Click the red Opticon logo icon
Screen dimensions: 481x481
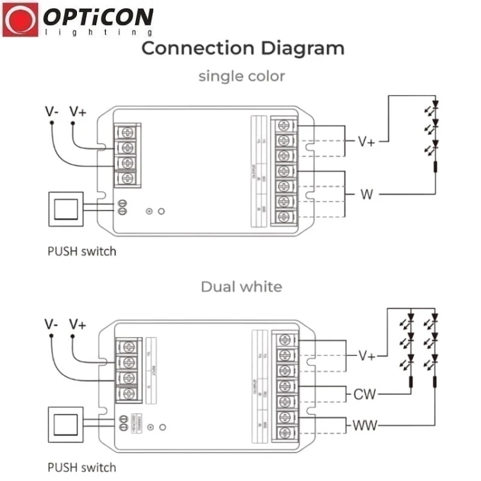pos(21,20)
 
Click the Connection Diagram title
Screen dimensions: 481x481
pos(242,48)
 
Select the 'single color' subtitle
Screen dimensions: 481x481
pos(242,76)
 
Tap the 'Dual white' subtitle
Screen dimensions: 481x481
pos(241,286)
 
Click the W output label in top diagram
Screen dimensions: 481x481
pos(366,194)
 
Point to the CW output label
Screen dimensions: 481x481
pos(365,394)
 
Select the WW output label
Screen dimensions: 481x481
pos(365,425)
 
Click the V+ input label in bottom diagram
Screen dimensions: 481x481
pos(78,324)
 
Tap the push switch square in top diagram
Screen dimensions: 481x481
pos(65,209)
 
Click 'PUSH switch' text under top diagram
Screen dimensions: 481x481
pos(82,251)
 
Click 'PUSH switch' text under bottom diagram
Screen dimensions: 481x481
pos(82,467)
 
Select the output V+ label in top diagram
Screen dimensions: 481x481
pos(366,141)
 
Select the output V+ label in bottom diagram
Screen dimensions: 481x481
pos(366,355)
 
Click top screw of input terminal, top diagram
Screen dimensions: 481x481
pos(127,132)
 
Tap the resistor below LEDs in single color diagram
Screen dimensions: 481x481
pos(435,168)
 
